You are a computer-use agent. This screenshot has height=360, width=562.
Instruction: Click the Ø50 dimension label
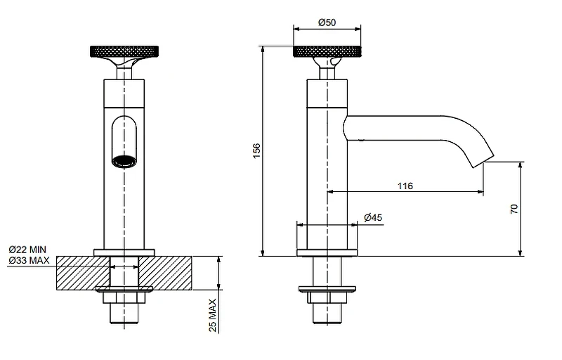[x=327, y=22]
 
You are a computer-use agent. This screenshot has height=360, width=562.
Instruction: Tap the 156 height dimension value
[x=256, y=151]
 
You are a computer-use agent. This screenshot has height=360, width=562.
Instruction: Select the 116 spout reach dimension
[x=405, y=186]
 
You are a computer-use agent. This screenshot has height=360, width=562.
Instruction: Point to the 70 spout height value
[x=514, y=209]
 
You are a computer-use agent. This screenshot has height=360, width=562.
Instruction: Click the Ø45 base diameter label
[x=373, y=217]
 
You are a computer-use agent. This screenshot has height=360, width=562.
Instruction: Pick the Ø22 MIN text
[x=27, y=249]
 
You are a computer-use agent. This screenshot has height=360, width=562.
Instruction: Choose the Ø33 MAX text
[x=29, y=260]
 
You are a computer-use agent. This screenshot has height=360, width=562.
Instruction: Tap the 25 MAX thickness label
[x=213, y=316]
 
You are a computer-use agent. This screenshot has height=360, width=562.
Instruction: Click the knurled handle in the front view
[x=124, y=51]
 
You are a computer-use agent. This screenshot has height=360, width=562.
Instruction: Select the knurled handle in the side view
[x=327, y=51]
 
